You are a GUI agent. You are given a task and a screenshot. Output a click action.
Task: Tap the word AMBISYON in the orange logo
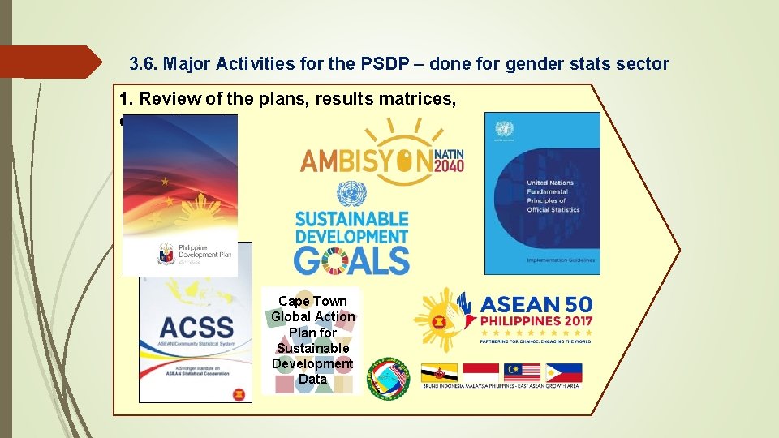coord(365,161)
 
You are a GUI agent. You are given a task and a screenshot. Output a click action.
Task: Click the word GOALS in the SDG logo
coord(351,260)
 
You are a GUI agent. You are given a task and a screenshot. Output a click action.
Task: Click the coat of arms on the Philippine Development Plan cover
coord(166,253)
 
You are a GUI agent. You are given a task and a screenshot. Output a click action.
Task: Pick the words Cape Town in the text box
coord(312,301)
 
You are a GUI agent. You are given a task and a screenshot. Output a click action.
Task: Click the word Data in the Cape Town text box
coord(312,379)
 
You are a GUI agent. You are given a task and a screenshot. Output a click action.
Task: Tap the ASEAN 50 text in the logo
coord(536,306)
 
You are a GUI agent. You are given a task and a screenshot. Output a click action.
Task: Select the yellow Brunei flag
coord(439,372)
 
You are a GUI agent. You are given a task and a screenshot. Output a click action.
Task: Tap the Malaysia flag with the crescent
coord(522,372)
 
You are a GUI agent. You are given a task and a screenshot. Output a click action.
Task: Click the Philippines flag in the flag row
coord(563,372)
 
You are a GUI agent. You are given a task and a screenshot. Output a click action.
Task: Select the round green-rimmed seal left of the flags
coord(389,377)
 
